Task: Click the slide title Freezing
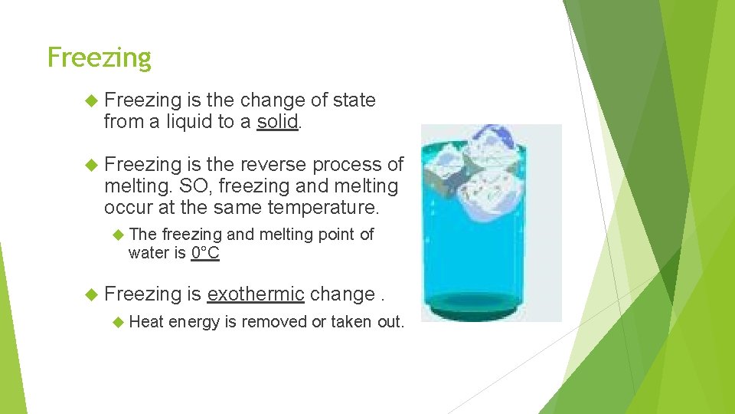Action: coord(99,58)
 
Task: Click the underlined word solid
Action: coord(277,122)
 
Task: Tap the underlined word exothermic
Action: coord(256,294)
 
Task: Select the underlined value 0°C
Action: coord(205,253)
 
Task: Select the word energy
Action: coord(194,322)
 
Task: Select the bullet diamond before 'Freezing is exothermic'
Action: coord(91,294)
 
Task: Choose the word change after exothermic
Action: coord(341,294)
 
